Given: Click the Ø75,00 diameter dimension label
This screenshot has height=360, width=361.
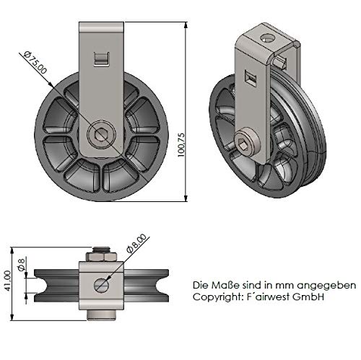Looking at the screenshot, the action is pos(35,62).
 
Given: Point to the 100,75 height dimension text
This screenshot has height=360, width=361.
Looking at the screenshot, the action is pos(181,145).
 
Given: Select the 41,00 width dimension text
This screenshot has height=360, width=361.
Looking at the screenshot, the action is pos(8,281).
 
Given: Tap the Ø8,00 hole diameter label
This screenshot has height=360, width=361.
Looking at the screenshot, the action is pos(136,243).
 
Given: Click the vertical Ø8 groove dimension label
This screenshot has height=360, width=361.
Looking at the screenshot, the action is pos(22,264).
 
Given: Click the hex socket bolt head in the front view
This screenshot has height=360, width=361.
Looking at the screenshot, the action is pos(101,133).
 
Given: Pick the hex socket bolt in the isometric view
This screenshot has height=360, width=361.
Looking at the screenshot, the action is pos(248,144).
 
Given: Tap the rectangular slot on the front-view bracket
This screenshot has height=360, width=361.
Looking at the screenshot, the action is pos(102,58).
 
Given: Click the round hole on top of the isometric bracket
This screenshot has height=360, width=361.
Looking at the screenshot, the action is pos(268,38).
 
